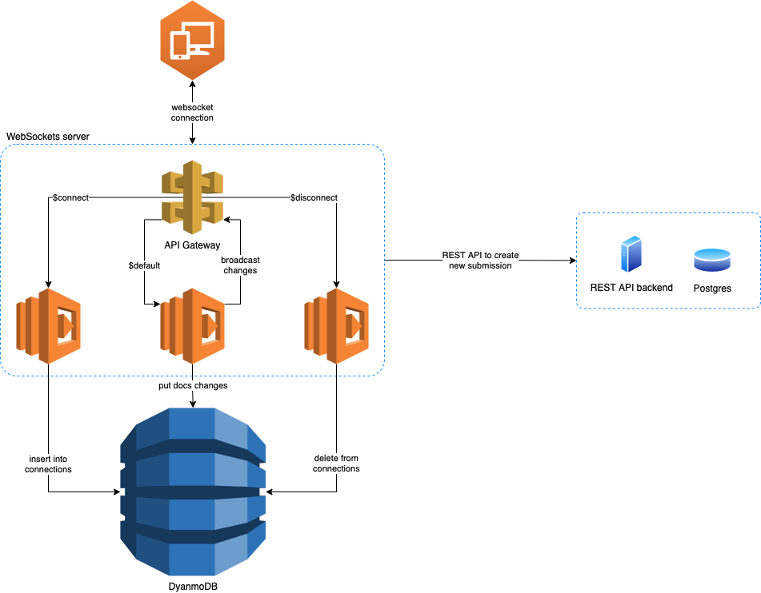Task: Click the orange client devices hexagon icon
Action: click(x=192, y=38)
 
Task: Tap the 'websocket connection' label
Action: click(x=192, y=113)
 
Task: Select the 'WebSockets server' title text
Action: click(x=48, y=137)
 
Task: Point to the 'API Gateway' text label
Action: click(x=192, y=245)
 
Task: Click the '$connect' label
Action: click(x=70, y=197)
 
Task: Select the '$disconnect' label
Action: click(x=314, y=197)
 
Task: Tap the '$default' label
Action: click(x=144, y=265)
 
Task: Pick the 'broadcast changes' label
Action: click(x=240, y=265)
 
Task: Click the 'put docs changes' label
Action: click(x=193, y=385)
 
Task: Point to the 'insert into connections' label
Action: click(x=49, y=464)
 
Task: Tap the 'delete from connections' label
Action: click(x=336, y=464)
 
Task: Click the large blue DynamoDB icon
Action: click(x=192, y=492)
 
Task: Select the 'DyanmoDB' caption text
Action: click(x=192, y=586)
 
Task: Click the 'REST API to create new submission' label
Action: click(x=480, y=261)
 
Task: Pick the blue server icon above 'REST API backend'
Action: click(x=631, y=254)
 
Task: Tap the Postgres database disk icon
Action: click(x=711, y=259)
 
